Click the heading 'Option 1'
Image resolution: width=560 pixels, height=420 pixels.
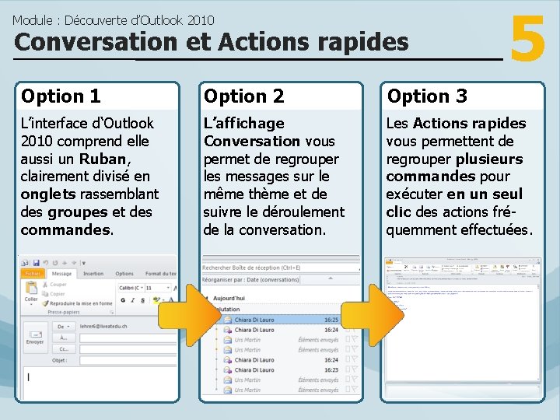61,96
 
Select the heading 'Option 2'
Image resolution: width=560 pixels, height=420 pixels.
243,96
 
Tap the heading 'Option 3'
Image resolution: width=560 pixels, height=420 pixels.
427,96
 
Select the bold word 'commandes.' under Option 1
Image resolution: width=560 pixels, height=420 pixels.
67,230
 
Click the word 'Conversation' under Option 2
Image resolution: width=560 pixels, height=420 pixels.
251,141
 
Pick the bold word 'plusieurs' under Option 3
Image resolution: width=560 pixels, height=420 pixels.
488,159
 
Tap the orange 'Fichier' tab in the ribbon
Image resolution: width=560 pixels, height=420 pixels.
33,274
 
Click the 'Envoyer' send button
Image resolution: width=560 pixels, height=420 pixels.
35,335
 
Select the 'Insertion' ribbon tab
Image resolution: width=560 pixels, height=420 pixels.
93,274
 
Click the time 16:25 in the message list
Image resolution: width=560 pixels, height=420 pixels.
331,320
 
